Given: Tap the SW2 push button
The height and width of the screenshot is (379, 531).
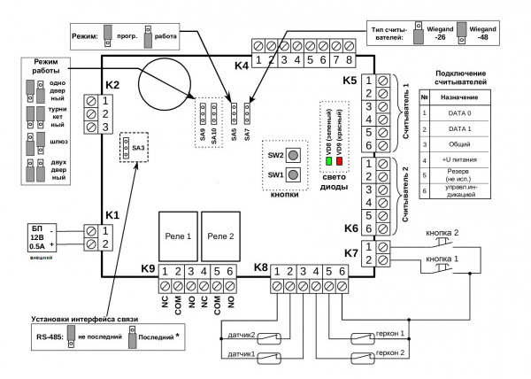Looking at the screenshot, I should point(292,155).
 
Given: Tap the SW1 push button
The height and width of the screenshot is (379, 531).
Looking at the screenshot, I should point(292,175).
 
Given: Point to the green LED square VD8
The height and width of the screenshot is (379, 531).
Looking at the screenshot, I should point(329,162).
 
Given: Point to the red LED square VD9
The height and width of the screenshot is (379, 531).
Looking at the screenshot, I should point(339,162).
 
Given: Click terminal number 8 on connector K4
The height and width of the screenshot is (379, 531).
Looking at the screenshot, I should point(350,60).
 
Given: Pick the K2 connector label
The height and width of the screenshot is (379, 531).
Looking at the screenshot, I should point(112,85).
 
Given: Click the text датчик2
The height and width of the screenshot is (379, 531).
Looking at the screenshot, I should point(240,336).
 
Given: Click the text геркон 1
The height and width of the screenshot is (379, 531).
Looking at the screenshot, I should point(390,334).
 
